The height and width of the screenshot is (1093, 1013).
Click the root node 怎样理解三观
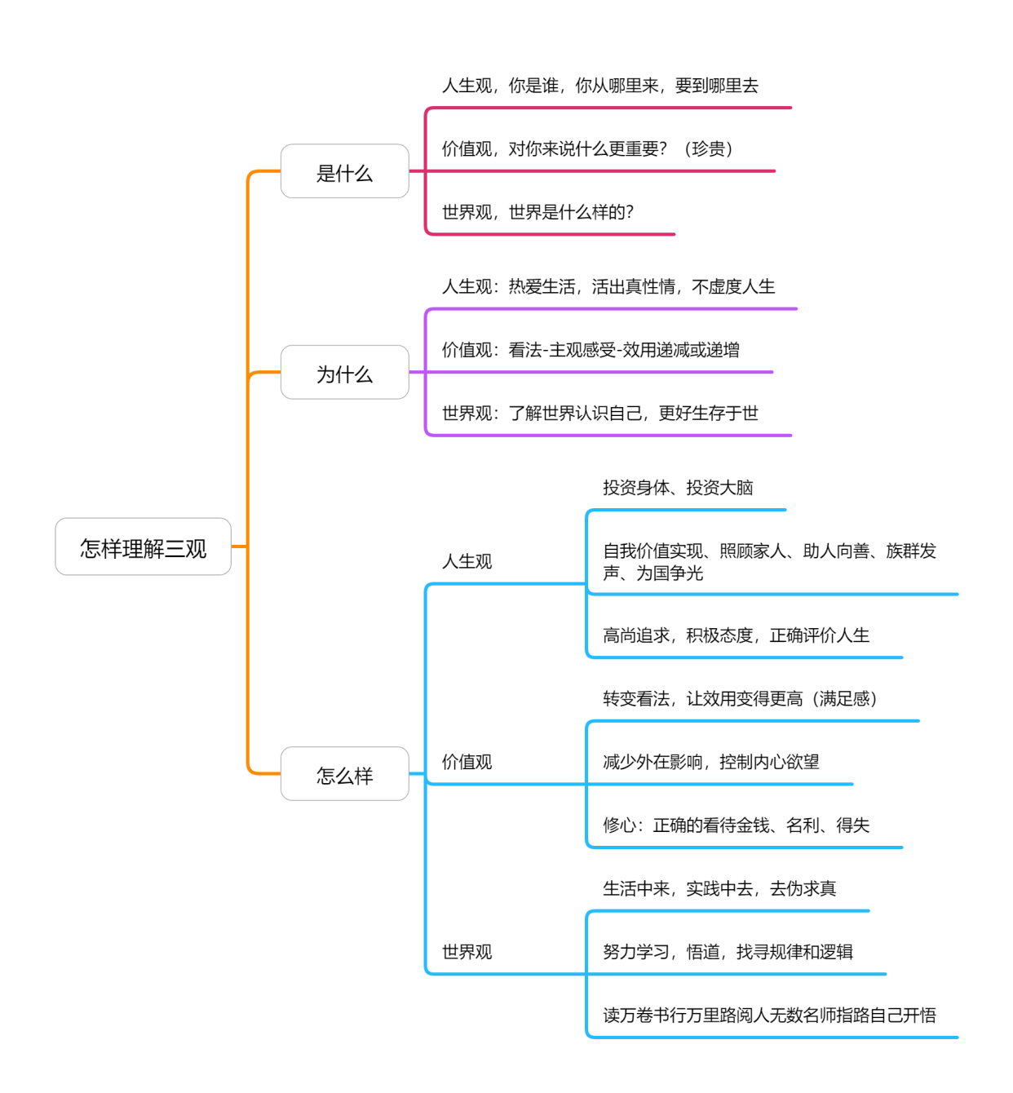point(144,547)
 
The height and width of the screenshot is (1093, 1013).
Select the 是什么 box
point(344,172)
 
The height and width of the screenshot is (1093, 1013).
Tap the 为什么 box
point(344,374)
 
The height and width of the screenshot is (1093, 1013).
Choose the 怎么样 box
point(344,775)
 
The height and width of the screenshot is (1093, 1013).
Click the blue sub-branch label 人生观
point(467,561)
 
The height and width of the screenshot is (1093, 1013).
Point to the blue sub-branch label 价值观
point(467,762)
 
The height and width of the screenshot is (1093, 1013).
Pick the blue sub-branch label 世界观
point(467,952)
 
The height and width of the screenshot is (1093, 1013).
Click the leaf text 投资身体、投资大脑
point(678,488)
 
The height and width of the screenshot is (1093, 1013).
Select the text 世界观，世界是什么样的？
point(537,212)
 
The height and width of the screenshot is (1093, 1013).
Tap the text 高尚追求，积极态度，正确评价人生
point(736,635)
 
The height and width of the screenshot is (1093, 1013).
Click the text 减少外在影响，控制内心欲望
point(710,762)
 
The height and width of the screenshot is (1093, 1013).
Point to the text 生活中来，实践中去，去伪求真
point(719,888)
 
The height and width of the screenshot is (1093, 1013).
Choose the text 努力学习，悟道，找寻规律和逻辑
point(728,952)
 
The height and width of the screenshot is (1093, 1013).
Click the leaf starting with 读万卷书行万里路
point(769,1016)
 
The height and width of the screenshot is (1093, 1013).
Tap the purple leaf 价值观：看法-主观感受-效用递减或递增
point(591,350)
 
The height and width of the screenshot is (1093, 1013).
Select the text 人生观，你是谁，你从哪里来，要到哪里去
point(599,86)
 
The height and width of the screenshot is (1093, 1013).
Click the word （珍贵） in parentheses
point(708,148)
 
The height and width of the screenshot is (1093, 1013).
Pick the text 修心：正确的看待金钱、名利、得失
point(736,825)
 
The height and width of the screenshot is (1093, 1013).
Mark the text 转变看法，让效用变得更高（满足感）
point(740,699)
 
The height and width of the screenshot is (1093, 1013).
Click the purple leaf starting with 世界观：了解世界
point(599,414)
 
